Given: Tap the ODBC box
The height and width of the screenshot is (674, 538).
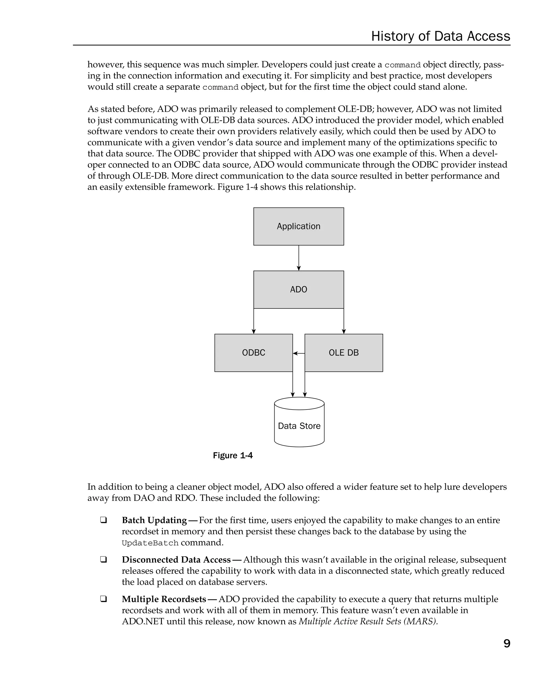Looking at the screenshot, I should (253, 353).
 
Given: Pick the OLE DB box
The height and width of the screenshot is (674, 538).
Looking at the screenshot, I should (343, 353).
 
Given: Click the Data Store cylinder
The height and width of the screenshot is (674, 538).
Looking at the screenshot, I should (299, 426).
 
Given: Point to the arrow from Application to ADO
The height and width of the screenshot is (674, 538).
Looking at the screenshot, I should (299, 258).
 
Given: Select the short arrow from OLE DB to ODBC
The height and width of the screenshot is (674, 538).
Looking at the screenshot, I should (299, 353).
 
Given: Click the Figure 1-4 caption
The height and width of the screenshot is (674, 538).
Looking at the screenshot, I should (232, 455).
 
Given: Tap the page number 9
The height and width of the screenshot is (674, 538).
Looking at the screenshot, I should (507, 643).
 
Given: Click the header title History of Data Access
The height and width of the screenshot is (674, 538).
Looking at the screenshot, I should (440, 36).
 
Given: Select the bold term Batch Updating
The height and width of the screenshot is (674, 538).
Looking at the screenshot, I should (154, 520).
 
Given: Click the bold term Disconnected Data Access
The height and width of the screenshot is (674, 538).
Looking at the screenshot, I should (176, 560).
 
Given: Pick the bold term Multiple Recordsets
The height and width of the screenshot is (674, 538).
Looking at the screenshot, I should (164, 599).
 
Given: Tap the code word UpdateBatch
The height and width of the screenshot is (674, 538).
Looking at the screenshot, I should (150, 543).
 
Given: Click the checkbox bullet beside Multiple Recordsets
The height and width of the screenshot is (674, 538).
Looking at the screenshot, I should (103, 599).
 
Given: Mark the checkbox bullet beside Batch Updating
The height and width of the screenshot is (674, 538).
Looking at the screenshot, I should (103, 520).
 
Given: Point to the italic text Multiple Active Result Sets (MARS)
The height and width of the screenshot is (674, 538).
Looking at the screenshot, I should (368, 621).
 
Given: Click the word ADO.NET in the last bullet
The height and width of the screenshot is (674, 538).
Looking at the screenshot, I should (143, 621).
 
